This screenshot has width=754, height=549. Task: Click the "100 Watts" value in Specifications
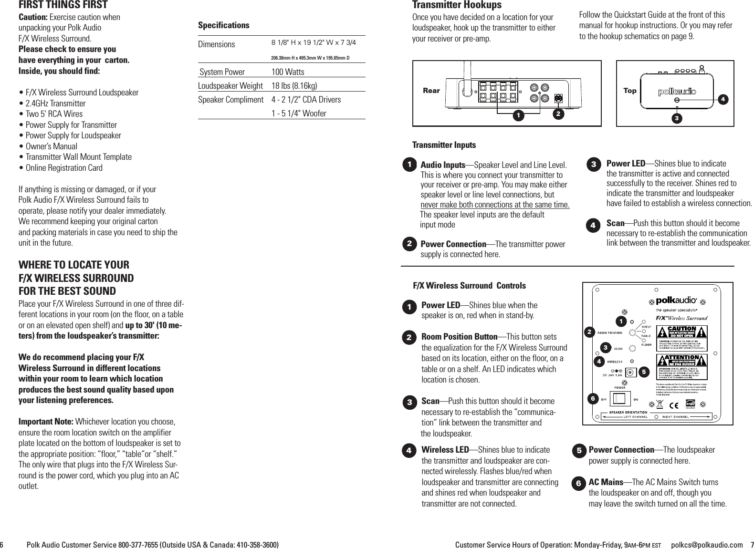[287, 72]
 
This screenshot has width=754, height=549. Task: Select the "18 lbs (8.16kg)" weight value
[294, 86]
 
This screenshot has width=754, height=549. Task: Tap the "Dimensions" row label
[216, 44]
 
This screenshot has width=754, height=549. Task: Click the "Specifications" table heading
[223, 25]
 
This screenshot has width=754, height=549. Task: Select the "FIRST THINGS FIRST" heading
[63, 5]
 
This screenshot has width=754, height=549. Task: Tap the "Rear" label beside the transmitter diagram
[431, 91]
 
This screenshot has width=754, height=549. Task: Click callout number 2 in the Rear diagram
[557, 114]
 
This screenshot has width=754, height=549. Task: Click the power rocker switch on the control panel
[619, 399]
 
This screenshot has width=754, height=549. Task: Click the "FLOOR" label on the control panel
[646, 344]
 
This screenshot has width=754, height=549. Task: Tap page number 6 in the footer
[2, 545]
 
